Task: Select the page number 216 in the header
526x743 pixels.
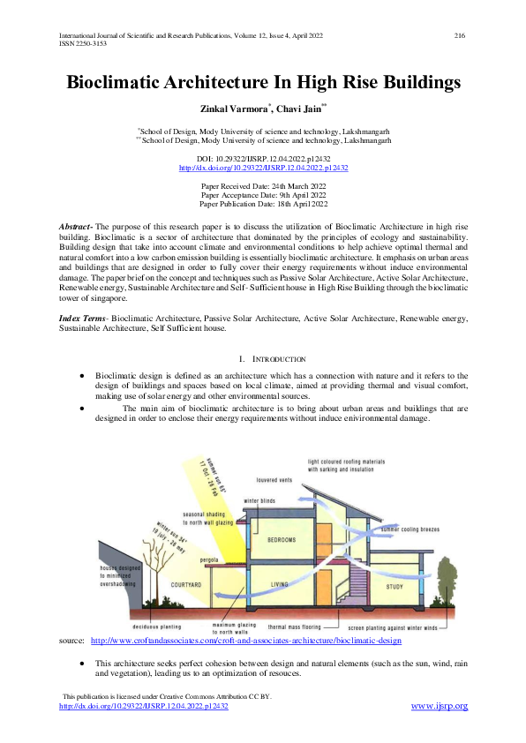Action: [459, 35]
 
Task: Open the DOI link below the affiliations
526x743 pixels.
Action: [263, 167]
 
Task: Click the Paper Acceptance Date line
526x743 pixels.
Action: [263, 195]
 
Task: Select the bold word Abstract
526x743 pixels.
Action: [74, 227]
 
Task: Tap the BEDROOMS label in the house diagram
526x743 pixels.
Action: [282, 538]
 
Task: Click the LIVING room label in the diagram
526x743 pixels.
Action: [280, 584]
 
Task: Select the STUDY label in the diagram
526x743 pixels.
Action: [395, 586]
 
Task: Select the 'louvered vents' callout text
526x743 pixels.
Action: [274, 481]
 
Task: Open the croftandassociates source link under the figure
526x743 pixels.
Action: [259, 641]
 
